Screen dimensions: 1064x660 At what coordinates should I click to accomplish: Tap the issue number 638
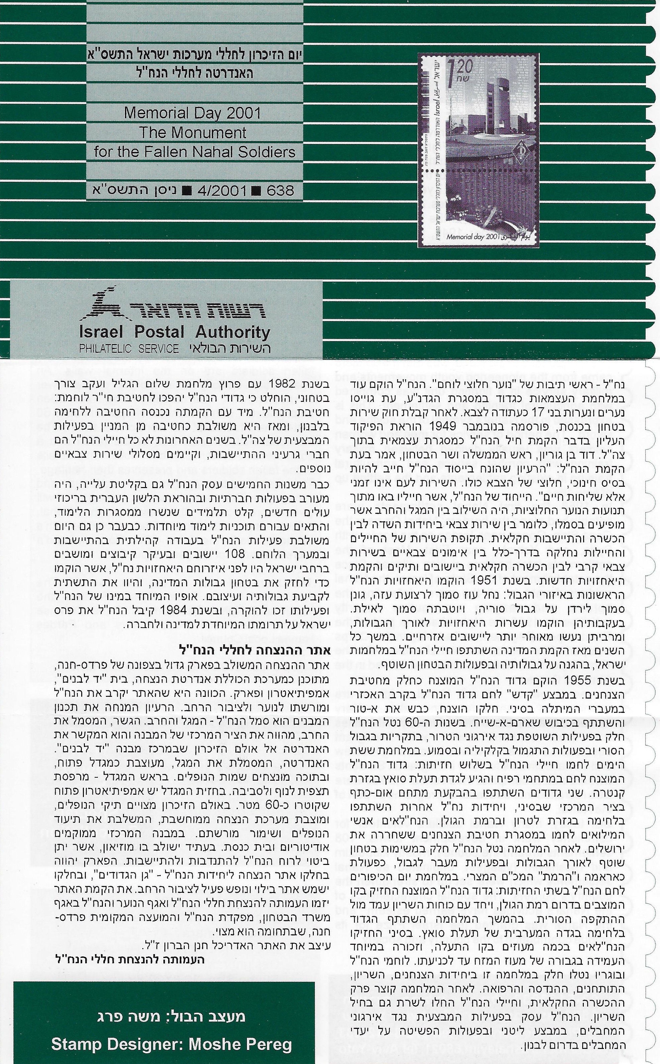[278, 191]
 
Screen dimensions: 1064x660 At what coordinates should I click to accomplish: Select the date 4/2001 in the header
[222, 191]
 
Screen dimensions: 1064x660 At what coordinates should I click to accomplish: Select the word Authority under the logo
[233, 332]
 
